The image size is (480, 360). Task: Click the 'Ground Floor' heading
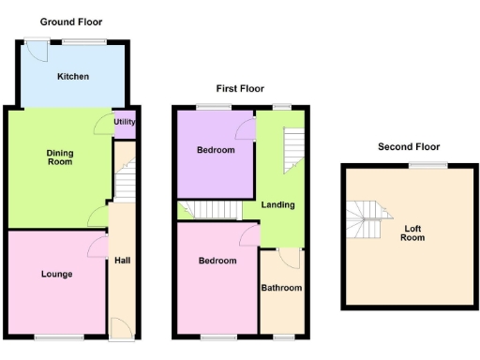coord(71,22)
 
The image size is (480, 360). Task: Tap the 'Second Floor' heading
coord(409,146)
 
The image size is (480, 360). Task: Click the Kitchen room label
coord(72,76)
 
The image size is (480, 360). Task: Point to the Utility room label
coord(124,122)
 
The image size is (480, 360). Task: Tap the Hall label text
coord(122,261)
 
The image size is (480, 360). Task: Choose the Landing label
coord(277,204)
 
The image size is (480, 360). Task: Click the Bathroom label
coord(281,288)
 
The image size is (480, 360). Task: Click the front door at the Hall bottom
coord(121,327)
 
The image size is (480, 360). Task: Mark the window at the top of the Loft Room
coord(427,165)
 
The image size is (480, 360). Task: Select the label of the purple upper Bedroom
coord(216,150)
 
